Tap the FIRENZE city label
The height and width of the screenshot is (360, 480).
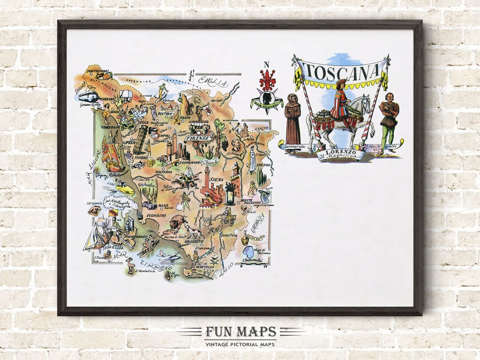199,138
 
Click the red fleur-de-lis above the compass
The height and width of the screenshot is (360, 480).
267,82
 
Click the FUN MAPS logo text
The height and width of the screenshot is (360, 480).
240,332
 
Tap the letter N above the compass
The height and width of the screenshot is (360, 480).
267,64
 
